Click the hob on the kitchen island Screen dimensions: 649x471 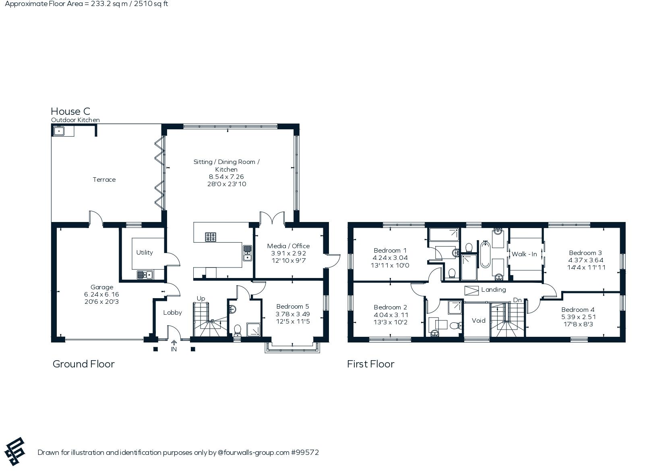[x=211, y=237]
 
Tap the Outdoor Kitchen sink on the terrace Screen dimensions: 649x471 [x=59, y=131]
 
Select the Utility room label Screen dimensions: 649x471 [x=145, y=252]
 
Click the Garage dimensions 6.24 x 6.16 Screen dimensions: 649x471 [x=102, y=295]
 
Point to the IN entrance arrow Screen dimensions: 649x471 [x=174, y=343]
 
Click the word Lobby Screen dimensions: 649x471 [x=172, y=312]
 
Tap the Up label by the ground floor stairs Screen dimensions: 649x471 [x=201, y=299]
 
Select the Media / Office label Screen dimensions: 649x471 [x=288, y=246]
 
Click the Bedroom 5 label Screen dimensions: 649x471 [x=293, y=307]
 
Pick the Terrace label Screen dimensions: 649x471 [x=104, y=180]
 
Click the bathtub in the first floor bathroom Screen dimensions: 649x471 [x=485, y=254]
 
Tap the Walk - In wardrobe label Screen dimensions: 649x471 [x=524, y=254]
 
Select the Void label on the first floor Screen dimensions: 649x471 [x=479, y=320]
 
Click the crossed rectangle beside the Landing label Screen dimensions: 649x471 [x=471, y=290]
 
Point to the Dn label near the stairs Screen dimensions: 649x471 [x=517, y=300]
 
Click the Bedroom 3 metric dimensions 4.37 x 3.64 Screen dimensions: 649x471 [x=586, y=260]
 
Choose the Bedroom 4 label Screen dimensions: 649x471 [x=578, y=310]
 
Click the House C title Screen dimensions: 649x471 [x=70, y=111]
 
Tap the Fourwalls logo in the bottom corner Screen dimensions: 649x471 [x=15, y=451]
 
